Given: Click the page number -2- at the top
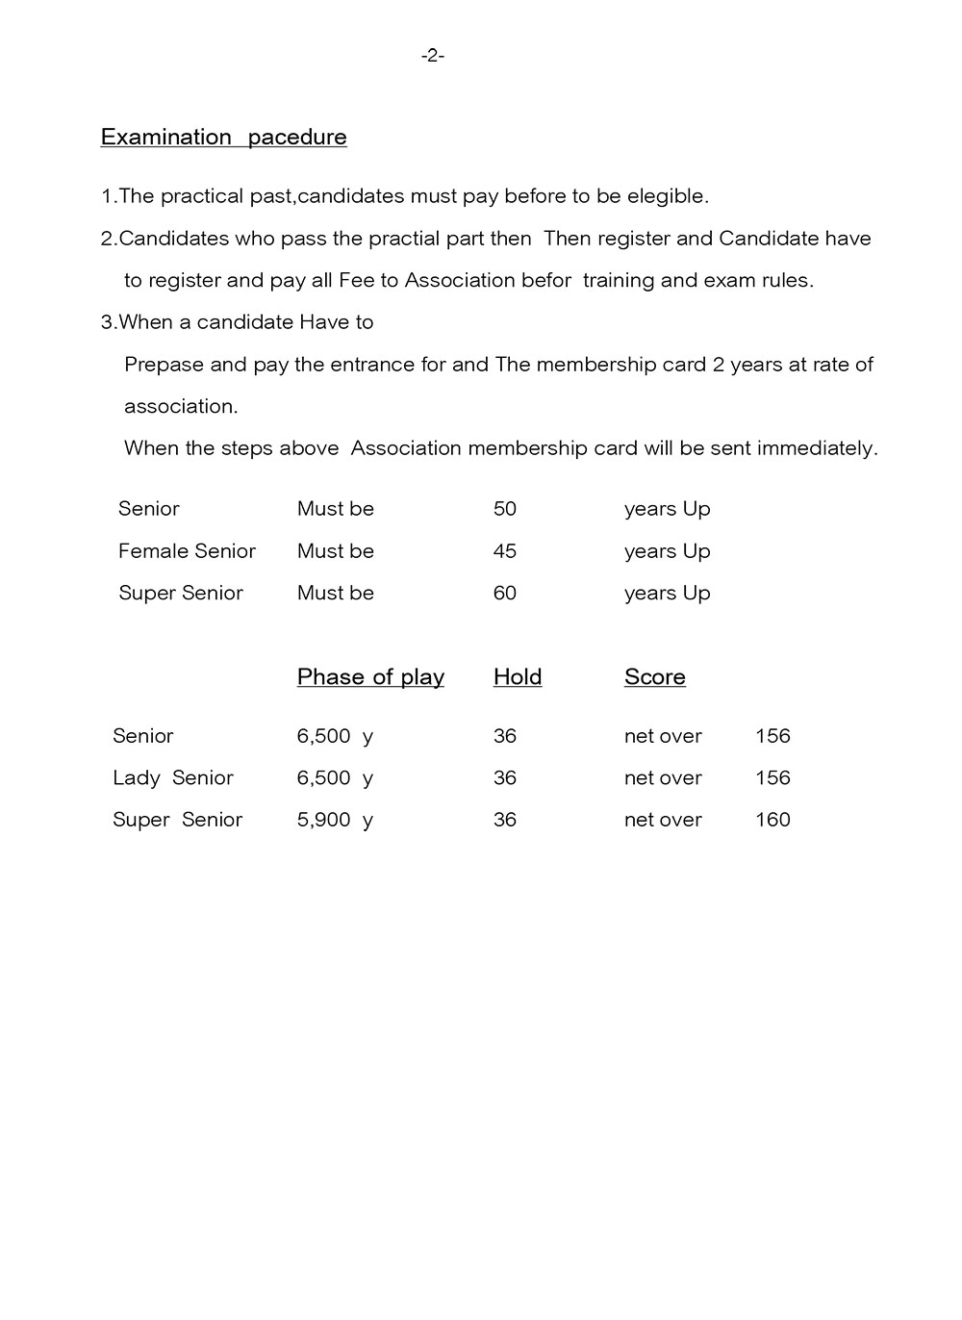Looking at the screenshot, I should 432,56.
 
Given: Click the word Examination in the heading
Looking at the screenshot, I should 165,137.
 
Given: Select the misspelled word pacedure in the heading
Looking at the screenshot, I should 297,137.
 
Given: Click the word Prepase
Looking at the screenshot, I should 165,365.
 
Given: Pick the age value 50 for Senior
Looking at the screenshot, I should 504,509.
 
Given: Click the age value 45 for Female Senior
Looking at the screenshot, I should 504,551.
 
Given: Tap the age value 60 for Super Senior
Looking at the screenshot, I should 504,593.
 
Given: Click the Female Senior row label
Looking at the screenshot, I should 187,551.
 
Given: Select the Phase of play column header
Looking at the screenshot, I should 370,677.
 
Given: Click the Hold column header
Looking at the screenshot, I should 518,677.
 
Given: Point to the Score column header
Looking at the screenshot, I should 654,677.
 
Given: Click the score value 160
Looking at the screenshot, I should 772,820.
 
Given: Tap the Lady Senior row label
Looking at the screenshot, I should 172,777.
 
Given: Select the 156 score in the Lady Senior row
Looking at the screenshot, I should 772,777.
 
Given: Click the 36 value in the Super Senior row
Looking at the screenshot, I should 504,820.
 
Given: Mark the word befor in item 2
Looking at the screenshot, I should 545,281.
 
